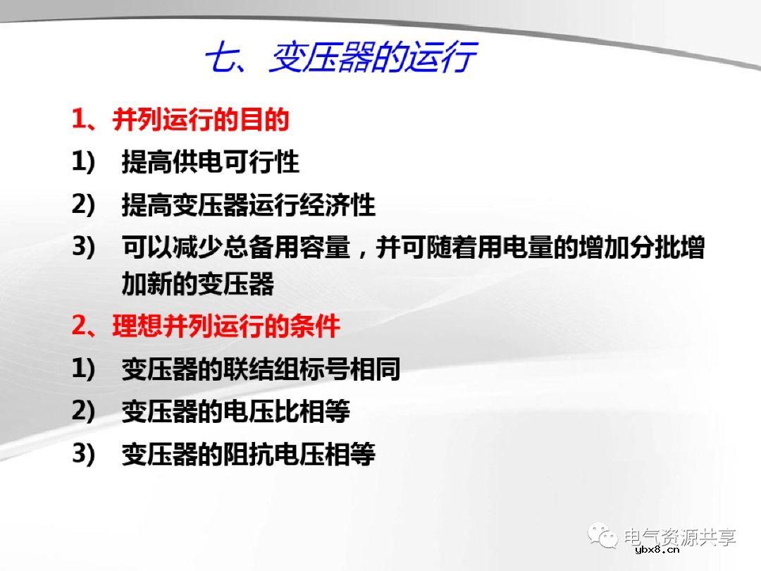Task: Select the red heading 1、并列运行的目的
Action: pos(180,120)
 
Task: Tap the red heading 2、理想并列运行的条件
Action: pos(206,326)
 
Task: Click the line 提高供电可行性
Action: pos(210,162)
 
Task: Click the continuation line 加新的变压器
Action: pos(197,285)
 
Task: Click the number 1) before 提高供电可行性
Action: pos(83,162)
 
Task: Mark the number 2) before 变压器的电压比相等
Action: pos(83,411)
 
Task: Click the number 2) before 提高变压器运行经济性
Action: pos(83,205)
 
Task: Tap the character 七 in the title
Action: pos(220,59)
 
